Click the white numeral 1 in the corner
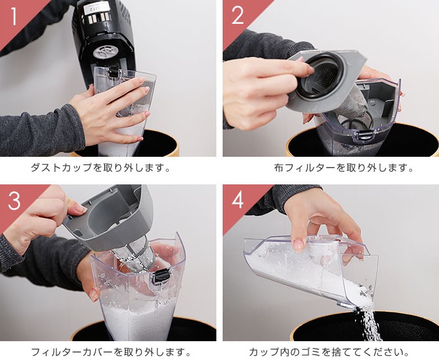pos(14,16)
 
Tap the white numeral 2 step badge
pos(238,15)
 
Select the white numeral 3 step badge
pos(14,200)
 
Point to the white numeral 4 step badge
pos(238,200)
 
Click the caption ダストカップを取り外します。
pos(100,168)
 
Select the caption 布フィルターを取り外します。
pos(344,168)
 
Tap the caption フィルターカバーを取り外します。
pos(110,352)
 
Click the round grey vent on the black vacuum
pos(104,52)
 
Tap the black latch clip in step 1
pos(114,71)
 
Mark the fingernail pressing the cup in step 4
pos(298,245)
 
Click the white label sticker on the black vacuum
pos(95,9)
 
